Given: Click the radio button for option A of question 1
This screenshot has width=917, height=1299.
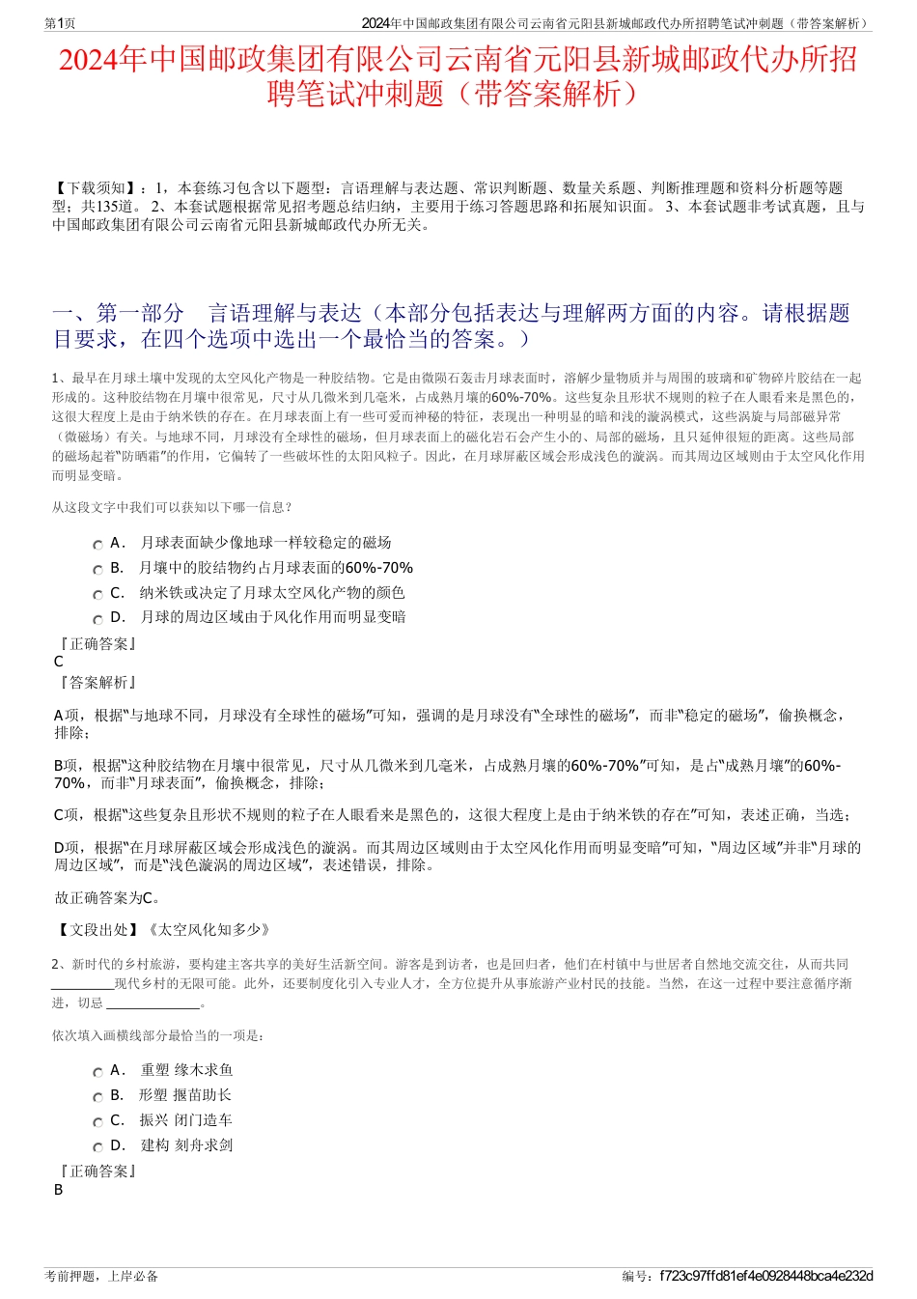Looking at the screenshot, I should [97, 545].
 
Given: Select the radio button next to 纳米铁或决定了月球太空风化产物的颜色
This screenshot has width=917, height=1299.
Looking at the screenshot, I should [97, 595].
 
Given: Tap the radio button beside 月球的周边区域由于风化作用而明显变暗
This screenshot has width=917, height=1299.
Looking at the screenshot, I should [97, 619].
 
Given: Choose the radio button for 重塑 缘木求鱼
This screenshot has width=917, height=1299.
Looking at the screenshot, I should [97, 1072].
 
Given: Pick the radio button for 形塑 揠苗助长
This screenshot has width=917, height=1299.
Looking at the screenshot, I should [97, 1097].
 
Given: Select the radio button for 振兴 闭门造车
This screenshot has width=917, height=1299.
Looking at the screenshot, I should [97, 1122].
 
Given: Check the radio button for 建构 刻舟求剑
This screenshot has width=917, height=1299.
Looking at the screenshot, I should [97, 1147].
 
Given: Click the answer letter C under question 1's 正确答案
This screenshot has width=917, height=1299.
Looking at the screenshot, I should [59, 663].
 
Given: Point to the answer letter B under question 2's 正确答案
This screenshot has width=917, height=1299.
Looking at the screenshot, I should [59, 1190].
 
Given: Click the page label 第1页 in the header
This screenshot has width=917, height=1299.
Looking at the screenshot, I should [60, 23].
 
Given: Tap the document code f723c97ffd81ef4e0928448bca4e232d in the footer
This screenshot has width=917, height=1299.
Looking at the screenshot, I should [765, 1276].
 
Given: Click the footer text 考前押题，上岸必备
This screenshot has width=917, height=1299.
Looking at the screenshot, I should [101, 1276].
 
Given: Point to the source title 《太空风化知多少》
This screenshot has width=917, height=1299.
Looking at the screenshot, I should [208, 930].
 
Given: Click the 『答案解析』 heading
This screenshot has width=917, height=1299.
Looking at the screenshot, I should [97, 683].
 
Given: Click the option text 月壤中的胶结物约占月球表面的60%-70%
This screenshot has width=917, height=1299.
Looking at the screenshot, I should [276, 568].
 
